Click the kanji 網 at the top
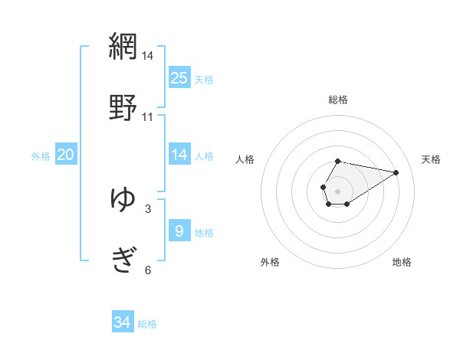click(x=123, y=45)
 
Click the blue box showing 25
click(x=179, y=78)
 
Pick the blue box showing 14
click(x=179, y=155)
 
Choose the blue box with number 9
click(x=179, y=231)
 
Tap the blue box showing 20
click(x=66, y=155)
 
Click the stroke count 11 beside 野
click(x=147, y=117)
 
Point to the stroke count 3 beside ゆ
click(x=148, y=208)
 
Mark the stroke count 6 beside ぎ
click(x=148, y=270)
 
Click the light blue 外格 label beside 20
click(x=41, y=156)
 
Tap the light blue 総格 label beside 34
click(x=147, y=324)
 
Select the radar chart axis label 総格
click(x=338, y=100)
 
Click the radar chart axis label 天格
click(x=432, y=159)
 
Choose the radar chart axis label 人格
click(x=245, y=159)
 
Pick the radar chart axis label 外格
click(x=270, y=262)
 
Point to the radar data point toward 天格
click(x=396, y=172)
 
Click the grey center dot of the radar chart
click(x=337, y=190)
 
